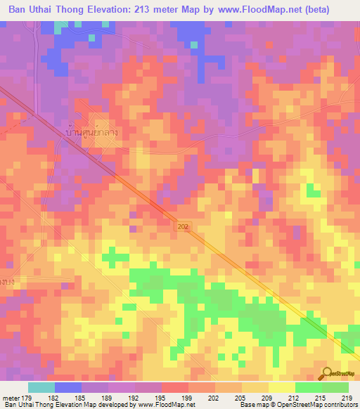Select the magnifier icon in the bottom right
(x=326, y=373)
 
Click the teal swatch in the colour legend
(x=41, y=387)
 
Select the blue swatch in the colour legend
(x=68, y=387)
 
